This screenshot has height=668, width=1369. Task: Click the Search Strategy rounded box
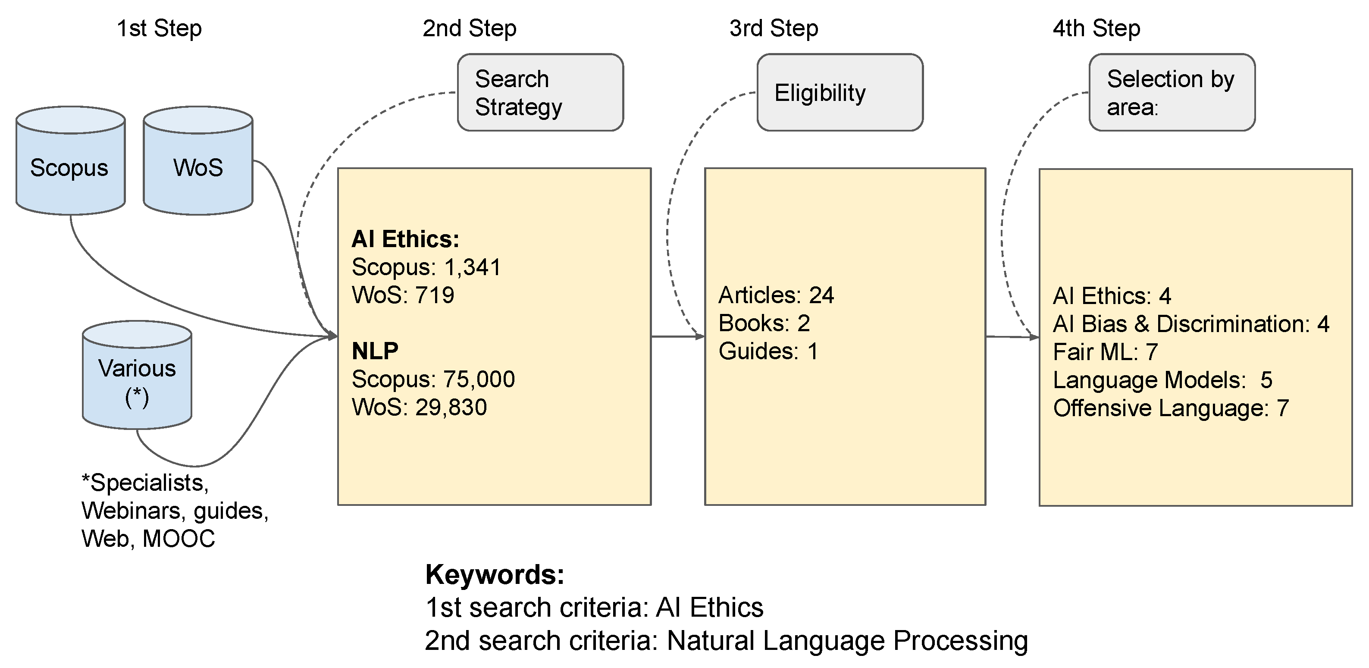(x=540, y=92)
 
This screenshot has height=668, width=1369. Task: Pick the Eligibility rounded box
(x=840, y=92)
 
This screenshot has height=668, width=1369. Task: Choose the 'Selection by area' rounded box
(x=1172, y=92)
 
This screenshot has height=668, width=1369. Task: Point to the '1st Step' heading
(x=159, y=28)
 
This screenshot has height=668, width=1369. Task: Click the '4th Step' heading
(x=1096, y=28)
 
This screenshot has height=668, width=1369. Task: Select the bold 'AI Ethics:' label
(x=405, y=239)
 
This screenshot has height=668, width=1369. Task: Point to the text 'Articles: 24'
(x=776, y=295)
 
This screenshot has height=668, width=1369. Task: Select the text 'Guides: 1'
(x=768, y=351)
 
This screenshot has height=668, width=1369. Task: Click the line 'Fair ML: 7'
(x=1106, y=352)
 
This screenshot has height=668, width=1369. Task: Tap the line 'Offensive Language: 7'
(x=1171, y=408)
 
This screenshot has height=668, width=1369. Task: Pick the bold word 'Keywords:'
(x=495, y=574)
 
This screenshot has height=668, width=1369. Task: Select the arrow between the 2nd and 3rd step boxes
(x=677, y=336)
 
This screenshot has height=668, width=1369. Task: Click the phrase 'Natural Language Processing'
(x=847, y=640)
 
